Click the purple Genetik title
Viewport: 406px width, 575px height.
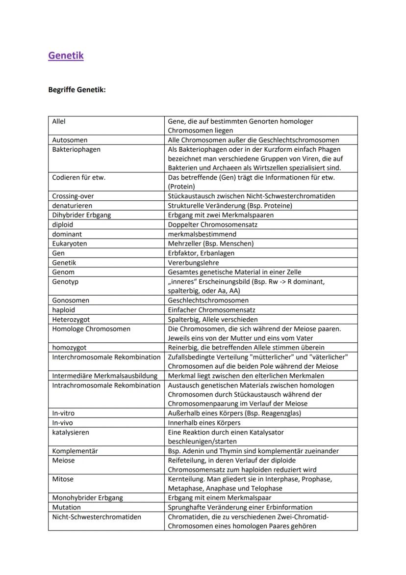(x=66, y=55)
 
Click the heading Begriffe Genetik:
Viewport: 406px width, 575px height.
(x=77, y=90)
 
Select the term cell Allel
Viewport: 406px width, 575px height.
(x=59, y=121)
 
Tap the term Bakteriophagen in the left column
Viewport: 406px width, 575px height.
(x=76, y=149)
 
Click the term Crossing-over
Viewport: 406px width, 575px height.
(x=73, y=196)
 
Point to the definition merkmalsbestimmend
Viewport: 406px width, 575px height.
(x=202, y=234)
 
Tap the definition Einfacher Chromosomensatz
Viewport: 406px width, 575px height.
(x=211, y=310)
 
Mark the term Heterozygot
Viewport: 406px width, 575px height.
(x=71, y=319)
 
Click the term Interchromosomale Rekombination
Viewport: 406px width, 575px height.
(x=106, y=357)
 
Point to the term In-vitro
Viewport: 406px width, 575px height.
(x=63, y=413)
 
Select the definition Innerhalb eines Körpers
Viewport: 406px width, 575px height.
(x=204, y=423)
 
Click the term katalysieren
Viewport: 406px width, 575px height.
(x=71, y=433)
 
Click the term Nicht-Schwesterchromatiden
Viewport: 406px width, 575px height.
(x=97, y=517)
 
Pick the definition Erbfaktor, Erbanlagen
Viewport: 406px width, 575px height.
(x=201, y=253)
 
